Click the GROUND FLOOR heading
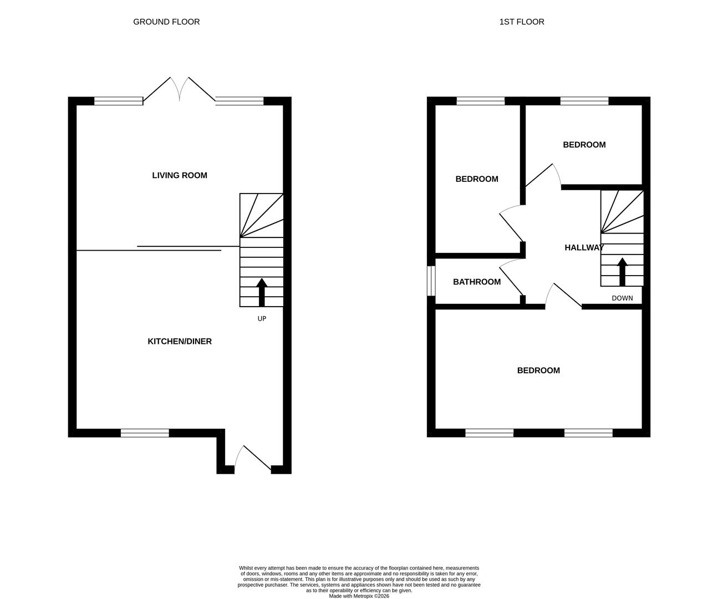(x=166, y=22)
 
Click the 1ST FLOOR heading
(x=521, y=22)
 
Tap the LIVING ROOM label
(x=180, y=175)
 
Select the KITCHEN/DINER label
(x=180, y=341)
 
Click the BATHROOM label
(x=477, y=282)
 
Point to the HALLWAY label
(x=584, y=247)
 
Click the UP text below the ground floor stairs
(x=262, y=318)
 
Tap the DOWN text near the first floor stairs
(x=622, y=298)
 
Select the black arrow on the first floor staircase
(x=622, y=272)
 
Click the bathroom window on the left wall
(x=430, y=281)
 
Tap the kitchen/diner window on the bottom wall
(x=145, y=433)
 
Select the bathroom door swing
(x=512, y=277)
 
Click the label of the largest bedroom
(x=538, y=370)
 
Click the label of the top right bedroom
(x=584, y=145)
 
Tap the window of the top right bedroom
(x=584, y=101)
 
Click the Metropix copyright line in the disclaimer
(x=359, y=596)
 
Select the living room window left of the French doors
(x=118, y=101)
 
